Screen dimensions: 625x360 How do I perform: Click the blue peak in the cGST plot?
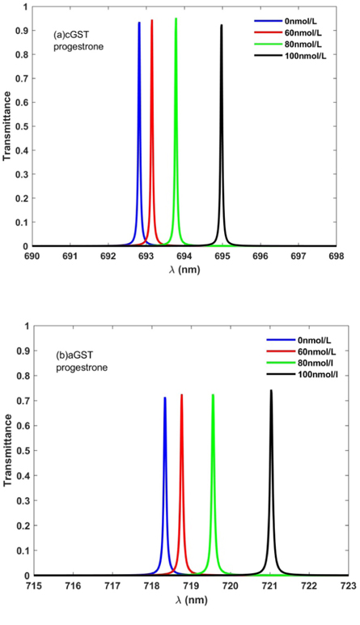pos(139,24)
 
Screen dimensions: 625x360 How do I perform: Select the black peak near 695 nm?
pos(222,26)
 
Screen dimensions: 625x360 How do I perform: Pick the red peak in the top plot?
pos(151,22)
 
